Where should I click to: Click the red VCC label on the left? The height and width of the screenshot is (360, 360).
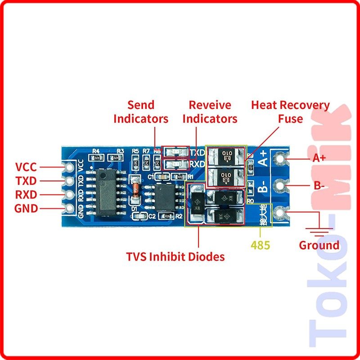coord(26,167)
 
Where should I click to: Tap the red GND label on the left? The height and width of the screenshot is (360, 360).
coord(26,209)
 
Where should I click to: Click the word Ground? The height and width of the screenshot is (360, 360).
coord(319,245)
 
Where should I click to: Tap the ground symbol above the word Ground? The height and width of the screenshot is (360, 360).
coord(319,232)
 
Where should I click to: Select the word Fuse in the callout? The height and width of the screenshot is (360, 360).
coord(290,119)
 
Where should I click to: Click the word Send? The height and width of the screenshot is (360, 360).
coord(141,105)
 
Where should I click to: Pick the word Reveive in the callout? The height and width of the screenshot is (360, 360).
coord(210,105)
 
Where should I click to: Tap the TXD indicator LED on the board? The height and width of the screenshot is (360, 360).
coord(176,152)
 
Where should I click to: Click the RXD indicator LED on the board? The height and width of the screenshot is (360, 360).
coord(176,165)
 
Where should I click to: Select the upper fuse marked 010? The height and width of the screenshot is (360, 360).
coord(226,157)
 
